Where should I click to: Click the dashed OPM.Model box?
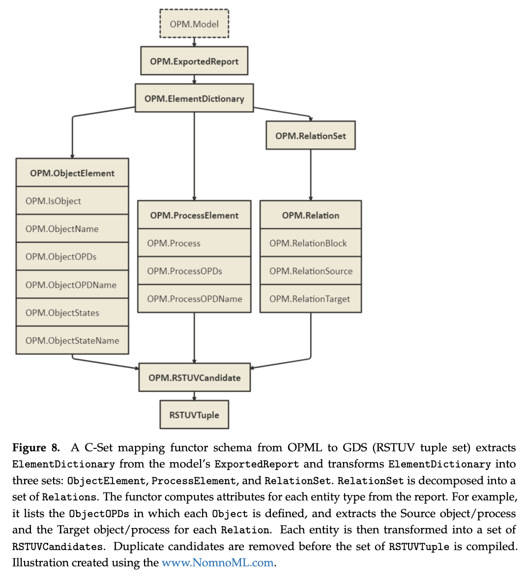194,24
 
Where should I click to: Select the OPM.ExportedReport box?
194,61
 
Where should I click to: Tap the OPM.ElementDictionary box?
194,98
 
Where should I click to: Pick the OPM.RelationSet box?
310,136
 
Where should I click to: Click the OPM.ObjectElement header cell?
72,173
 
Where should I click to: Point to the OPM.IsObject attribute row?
72,201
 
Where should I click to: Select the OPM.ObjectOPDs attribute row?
72,257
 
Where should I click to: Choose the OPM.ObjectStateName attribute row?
72,340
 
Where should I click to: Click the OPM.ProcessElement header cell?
194,215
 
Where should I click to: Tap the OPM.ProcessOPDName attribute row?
194,298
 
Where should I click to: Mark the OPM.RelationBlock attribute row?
310,243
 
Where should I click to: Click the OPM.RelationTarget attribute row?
310,298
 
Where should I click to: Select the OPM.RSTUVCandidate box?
194,378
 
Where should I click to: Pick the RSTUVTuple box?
194,415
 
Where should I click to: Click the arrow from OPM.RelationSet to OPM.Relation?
310,175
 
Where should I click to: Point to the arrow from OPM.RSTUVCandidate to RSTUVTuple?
194,396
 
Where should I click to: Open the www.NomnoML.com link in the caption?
217,563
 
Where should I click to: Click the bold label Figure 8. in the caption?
36,448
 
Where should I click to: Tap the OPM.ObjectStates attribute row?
72,313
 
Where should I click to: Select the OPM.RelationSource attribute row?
310,271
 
